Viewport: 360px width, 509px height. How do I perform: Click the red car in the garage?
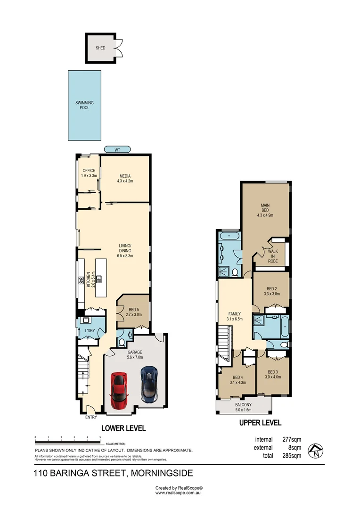click(x=119, y=389)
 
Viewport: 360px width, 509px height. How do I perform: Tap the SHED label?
click(x=100, y=48)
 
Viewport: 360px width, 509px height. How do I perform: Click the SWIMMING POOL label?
click(x=85, y=105)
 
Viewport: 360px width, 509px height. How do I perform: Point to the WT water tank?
click(x=117, y=149)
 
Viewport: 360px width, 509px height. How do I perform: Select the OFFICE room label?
click(x=89, y=173)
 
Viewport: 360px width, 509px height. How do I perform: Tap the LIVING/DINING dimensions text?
click(x=125, y=255)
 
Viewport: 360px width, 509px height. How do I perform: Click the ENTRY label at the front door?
click(x=91, y=417)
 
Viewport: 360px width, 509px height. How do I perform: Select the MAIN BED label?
click(x=265, y=210)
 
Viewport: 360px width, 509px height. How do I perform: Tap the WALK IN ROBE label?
click(x=273, y=256)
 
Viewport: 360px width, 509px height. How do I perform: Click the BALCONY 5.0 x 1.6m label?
click(x=244, y=407)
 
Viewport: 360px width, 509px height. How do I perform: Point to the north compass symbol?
click(x=314, y=451)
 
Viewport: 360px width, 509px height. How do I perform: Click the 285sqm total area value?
click(x=291, y=455)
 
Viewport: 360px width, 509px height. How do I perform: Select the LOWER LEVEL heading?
click(x=124, y=428)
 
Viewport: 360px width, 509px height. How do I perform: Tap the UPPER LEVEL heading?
click(x=260, y=422)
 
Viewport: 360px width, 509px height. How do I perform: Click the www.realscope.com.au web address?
click(x=179, y=493)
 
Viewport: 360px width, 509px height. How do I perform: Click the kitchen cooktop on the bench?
click(x=81, y=280)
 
